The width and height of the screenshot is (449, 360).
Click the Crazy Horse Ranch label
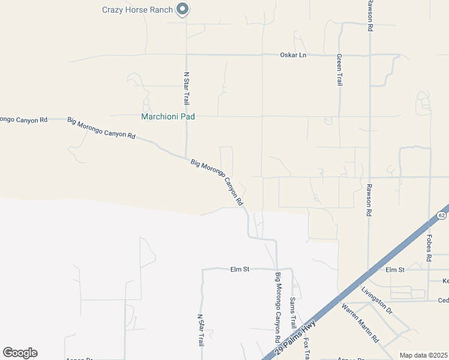coord(137,10)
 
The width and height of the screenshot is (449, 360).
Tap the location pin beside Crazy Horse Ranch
coord(184,9)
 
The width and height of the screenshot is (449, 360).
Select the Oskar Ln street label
coord(293,55)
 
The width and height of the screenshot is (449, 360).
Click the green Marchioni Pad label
coord(167,117)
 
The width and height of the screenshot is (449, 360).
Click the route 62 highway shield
coord(442,215)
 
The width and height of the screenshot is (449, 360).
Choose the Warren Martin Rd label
coord(360,323)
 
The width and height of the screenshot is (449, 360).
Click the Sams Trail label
coord(293,313)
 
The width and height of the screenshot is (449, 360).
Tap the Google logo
coord(20,353)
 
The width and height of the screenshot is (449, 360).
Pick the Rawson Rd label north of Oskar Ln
coord(370,16)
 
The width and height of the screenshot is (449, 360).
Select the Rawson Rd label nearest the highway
coord(369,200)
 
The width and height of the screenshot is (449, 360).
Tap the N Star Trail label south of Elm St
coord(201,331)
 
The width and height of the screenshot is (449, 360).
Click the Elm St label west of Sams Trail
coord(240,269)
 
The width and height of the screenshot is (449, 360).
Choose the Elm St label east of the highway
coord(396,269)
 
